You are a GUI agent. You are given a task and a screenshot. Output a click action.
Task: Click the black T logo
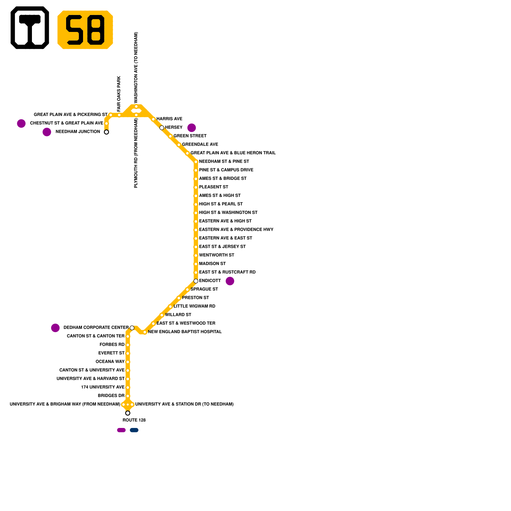tap(30, 28)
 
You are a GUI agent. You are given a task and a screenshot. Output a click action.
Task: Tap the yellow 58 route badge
tap(85, 30)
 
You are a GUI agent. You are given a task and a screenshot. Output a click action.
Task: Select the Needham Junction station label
tap(78, 132)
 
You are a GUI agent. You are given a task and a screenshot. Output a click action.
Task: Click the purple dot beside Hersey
tap(192, 128)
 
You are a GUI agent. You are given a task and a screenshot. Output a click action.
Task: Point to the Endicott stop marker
tap(196, 281)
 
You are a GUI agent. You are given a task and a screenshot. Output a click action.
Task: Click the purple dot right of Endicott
tap(230, 281)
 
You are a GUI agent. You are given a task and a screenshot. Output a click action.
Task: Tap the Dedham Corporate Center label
tap(96, 327)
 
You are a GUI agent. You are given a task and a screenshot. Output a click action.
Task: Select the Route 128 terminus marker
tap(128, 413)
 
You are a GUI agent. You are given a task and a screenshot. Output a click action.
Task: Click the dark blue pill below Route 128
tap(134, 430)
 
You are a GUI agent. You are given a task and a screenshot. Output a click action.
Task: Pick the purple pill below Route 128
tap(121, 430)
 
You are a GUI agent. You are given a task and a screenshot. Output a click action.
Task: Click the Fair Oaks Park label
tap(119, 93)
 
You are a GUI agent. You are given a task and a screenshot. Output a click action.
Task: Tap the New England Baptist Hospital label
tap(185, 332)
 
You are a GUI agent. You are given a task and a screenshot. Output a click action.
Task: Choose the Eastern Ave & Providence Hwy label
tap(236, 230)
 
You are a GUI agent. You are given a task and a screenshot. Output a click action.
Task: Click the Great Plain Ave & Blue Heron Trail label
tap(233, 153)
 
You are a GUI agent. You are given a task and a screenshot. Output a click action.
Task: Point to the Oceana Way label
tap(110, 362)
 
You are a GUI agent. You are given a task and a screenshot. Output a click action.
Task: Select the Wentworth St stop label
tap(217, 255)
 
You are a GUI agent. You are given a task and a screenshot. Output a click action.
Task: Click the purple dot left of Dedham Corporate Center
tap(55, 328)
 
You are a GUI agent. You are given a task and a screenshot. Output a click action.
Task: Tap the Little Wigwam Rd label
tap(194, 306)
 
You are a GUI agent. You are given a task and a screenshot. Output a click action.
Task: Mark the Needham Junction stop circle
tap(106, 132)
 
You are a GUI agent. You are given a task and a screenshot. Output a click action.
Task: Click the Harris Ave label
tap(169, 119)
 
